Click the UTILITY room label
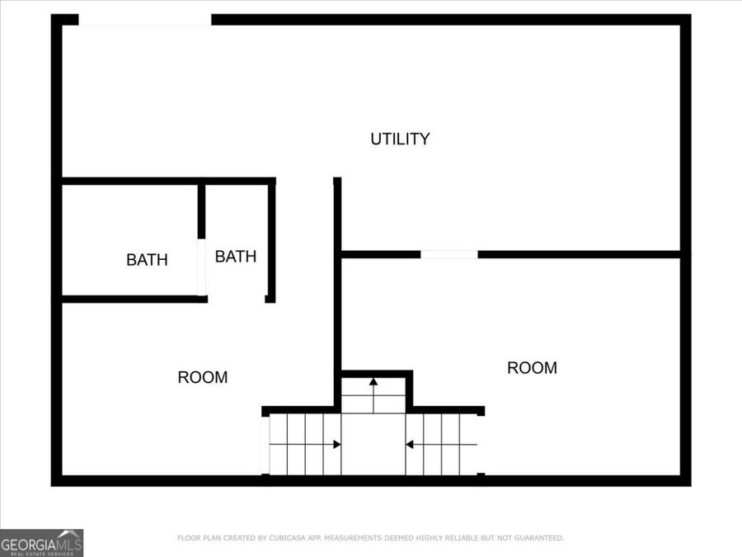400,139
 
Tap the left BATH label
147,260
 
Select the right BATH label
236,257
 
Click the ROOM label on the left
203,378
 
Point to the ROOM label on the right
532,368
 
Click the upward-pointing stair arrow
373,382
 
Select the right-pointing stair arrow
336,445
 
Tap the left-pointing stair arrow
409,445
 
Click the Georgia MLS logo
41,543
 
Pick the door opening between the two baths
201,267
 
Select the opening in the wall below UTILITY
449,254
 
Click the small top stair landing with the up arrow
373,395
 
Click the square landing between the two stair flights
373,445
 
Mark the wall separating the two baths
201,211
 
